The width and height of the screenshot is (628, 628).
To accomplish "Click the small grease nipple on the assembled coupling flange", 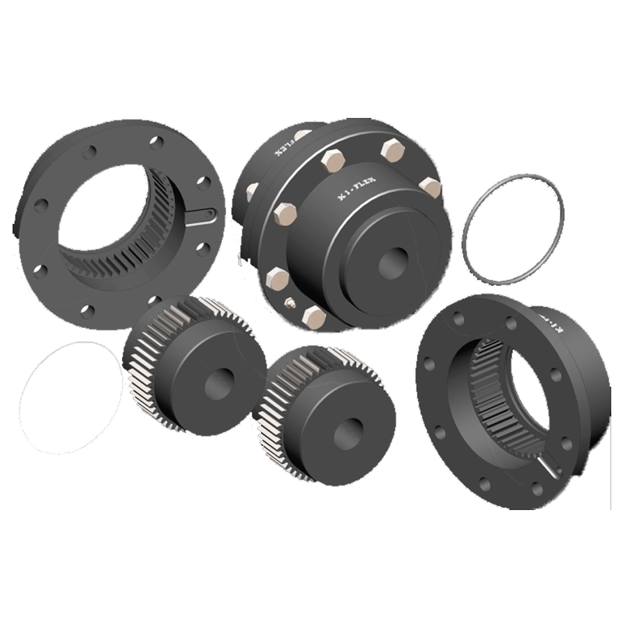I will click(289, 302).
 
